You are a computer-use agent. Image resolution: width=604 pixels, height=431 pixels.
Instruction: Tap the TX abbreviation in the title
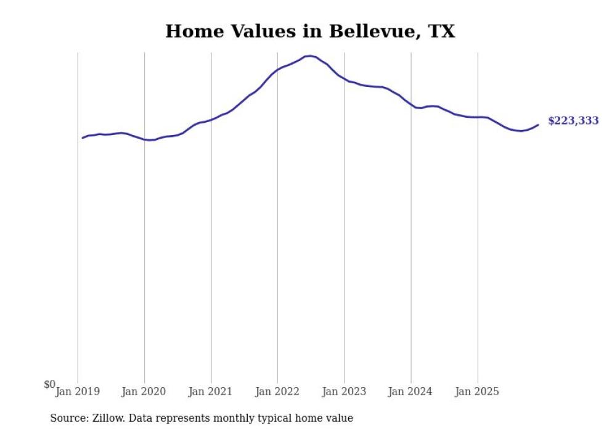click(442, 31)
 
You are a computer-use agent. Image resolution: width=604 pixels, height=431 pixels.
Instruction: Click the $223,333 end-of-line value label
click(573, 121)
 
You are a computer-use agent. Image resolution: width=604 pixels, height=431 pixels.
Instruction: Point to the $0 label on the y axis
click(49, 385)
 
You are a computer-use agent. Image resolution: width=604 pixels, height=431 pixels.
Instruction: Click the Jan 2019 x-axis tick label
click(78, 392)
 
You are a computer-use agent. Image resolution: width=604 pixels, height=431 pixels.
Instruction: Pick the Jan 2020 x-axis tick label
click(144, 392)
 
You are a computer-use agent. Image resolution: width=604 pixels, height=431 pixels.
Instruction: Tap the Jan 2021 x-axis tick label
click(211, 392)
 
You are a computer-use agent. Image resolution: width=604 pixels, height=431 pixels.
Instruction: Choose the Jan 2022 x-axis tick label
click(277, 392)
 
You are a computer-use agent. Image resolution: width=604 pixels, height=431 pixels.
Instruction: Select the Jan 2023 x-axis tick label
click(344, 392)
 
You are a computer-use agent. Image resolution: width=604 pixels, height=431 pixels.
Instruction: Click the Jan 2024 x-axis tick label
click(410, 392)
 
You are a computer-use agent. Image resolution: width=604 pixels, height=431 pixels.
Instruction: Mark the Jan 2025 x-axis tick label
click(477, 392)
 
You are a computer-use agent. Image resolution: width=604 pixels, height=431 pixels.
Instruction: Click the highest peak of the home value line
click(310, 56)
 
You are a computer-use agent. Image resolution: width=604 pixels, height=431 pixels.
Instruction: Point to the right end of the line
click(538, 125)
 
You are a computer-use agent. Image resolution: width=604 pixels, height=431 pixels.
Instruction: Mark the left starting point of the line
click(83, 138)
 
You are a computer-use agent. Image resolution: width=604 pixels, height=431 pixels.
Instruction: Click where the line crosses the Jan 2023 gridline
click(345, 79)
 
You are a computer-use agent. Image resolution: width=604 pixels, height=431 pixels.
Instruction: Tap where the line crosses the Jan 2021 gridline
click(211, 119)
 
